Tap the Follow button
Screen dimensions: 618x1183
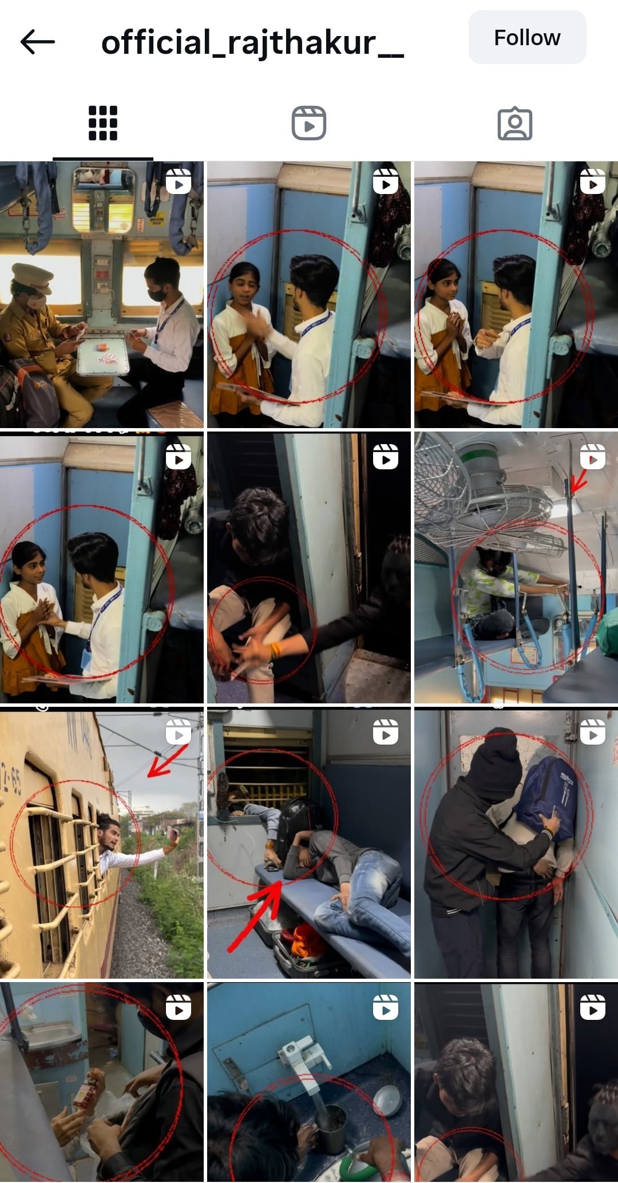coord(527,38)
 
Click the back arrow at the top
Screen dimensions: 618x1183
coord(38,42)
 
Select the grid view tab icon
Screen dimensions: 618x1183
coord(103,123)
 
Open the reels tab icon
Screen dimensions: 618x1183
coord(309,123)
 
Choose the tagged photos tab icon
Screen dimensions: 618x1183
coord(515,123)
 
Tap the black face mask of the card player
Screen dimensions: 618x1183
coord(157,294)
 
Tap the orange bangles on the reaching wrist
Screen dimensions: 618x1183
coord(275,650)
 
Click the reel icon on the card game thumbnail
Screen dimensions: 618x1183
coord(179,182)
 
